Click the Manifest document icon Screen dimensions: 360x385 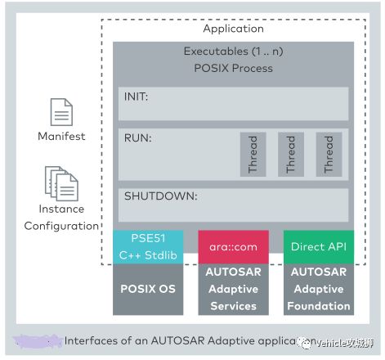coord(61,112)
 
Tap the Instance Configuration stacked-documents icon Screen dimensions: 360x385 coord(61,183)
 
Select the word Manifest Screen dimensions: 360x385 coord(61,136)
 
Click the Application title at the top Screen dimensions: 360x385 coord(233,29)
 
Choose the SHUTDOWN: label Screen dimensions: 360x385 coord(160,196)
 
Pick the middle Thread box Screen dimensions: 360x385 coord(290,153)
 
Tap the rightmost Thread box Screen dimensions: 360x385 coord(329,153)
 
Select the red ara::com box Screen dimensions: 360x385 coord(233,246)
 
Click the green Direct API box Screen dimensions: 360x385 coord(318,246)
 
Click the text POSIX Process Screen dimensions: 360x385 coord(233,68)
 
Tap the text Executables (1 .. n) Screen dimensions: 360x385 coord(233,52)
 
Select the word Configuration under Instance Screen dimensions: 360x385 coord(61,226)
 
